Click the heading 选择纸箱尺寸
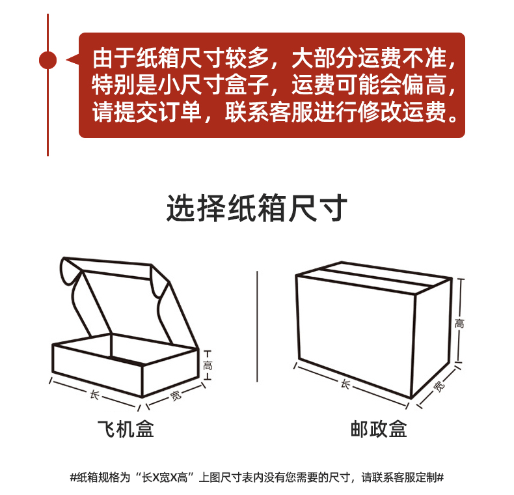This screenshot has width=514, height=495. pos(256,209)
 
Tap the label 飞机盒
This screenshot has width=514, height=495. pos(126,430)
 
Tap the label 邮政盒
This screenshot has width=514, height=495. pos(379,430)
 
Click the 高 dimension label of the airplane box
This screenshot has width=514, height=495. pos(208,365)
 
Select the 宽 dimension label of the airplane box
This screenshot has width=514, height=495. pos(175,394)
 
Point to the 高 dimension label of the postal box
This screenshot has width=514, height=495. pos(460,323)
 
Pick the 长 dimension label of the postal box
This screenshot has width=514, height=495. pos(345,384)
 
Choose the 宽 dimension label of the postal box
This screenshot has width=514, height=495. pos(439,387)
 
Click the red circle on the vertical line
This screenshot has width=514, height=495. pos(47,60)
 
